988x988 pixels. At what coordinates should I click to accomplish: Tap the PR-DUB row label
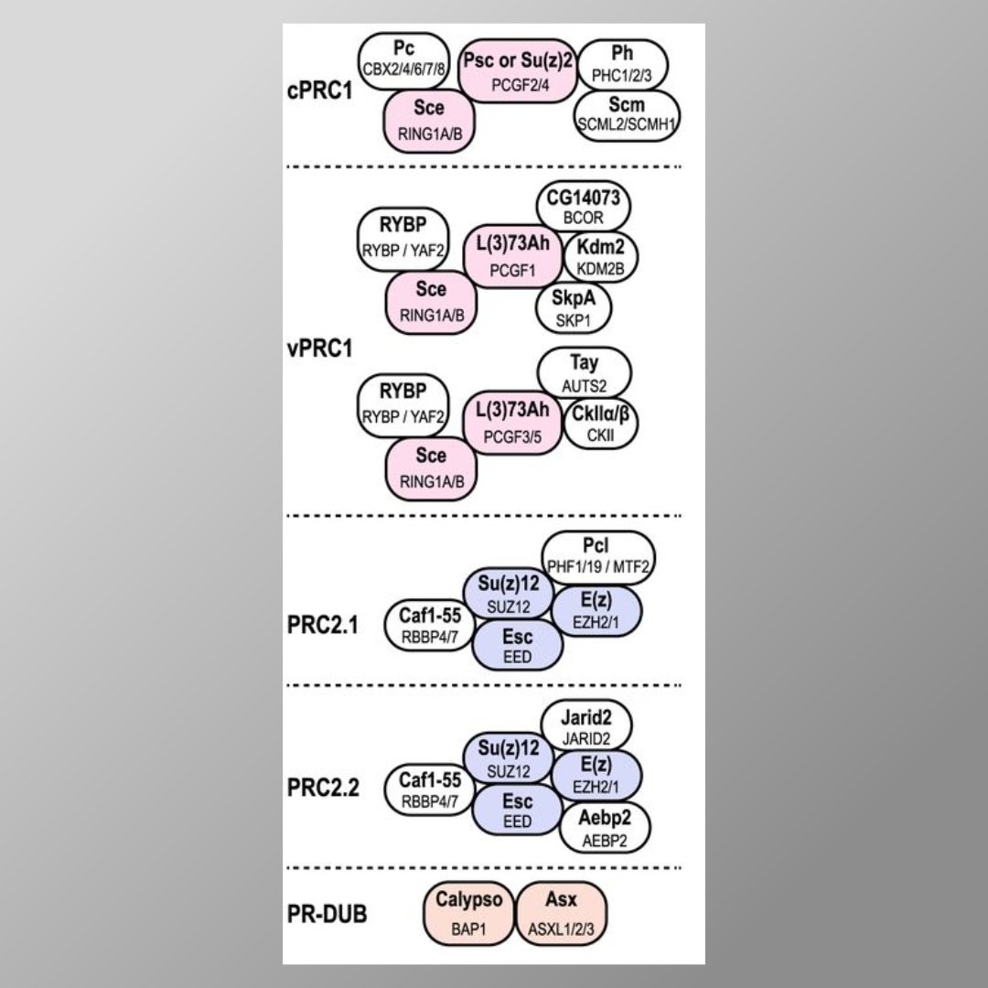328,913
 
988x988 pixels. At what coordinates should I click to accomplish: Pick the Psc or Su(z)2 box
518,70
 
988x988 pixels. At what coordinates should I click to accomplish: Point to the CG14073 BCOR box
585,207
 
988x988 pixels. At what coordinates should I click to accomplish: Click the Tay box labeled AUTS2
585,373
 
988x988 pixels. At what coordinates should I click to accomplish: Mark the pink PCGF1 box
512,257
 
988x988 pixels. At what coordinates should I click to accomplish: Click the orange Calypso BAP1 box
468,912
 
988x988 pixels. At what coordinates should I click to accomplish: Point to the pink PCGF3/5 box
512,424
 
